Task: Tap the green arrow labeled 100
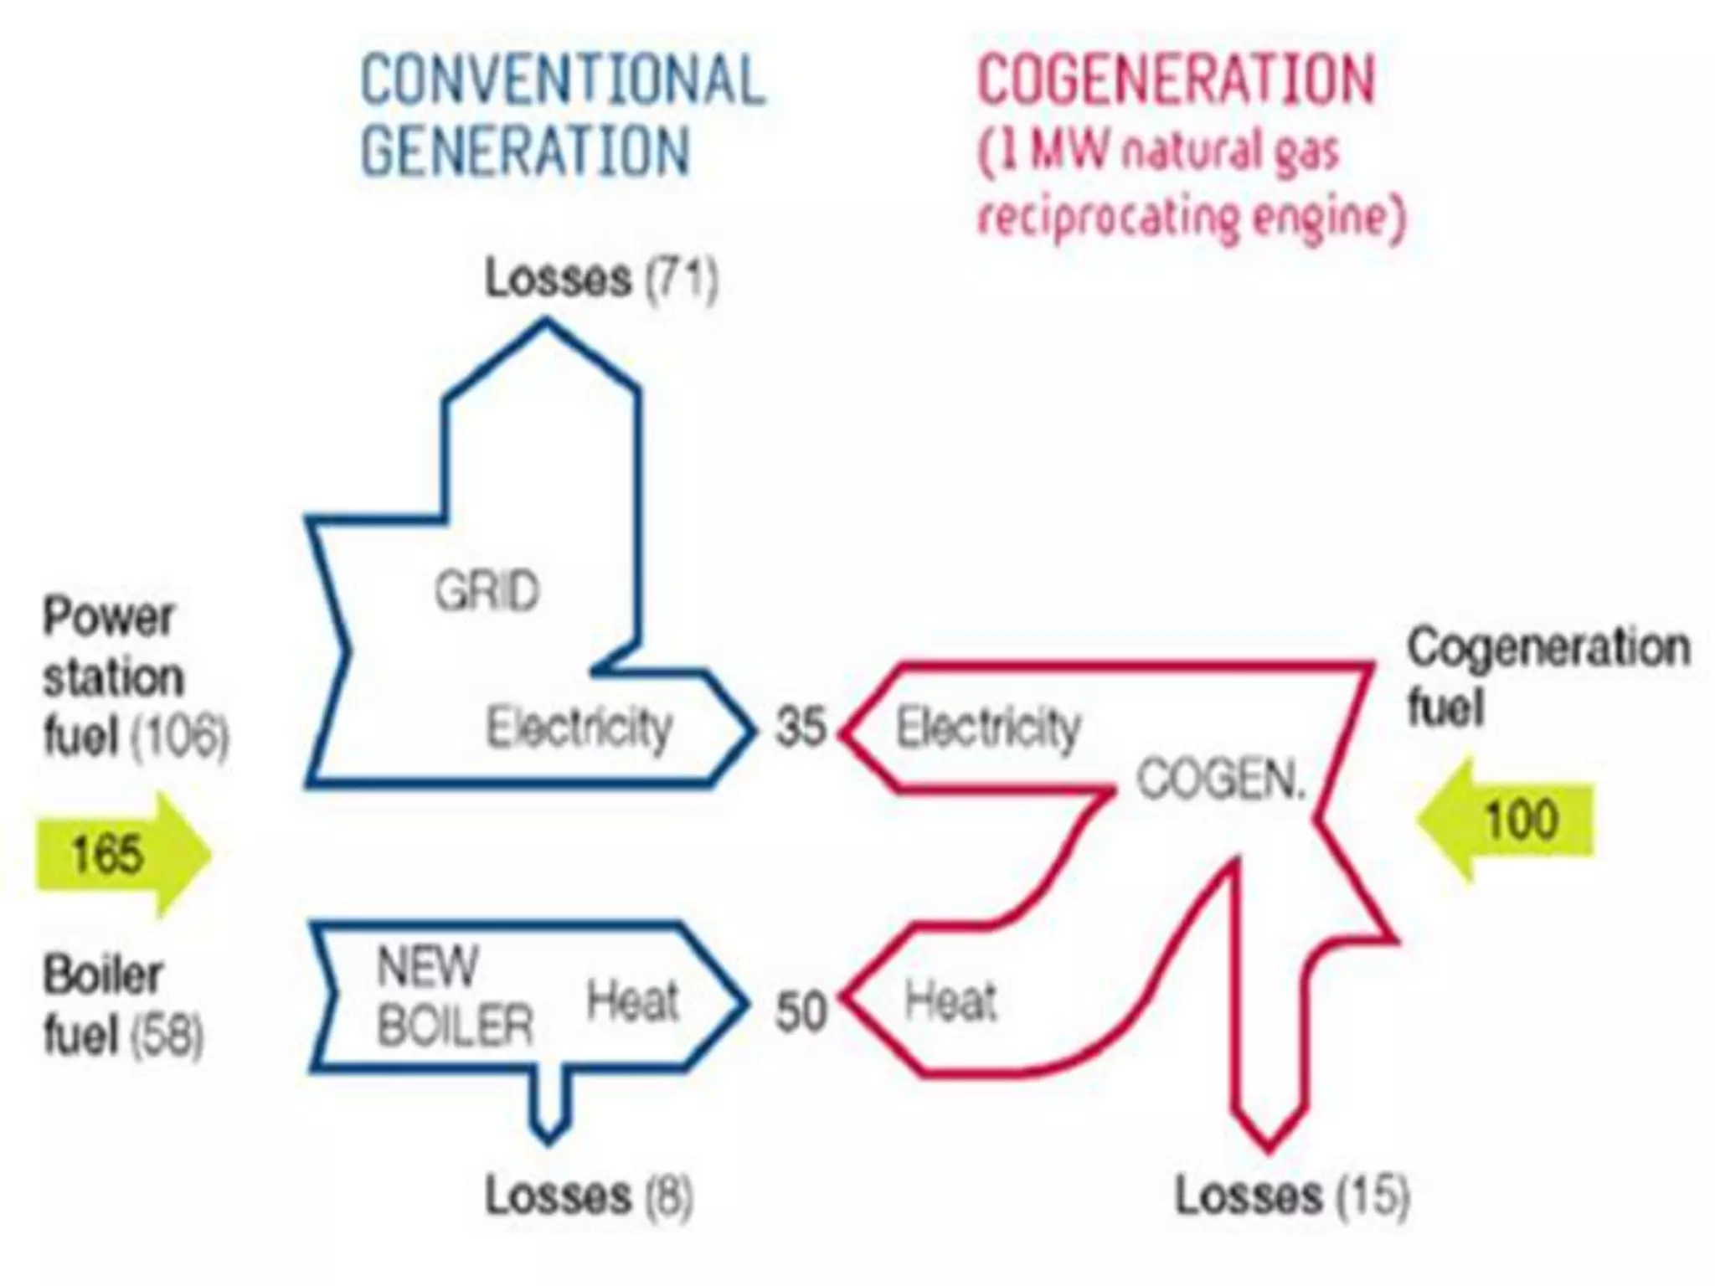1507,820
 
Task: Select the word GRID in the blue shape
487,591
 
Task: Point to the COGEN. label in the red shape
1221,780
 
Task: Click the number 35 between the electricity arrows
801,726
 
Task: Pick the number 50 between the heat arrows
801,1011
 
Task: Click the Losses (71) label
601,278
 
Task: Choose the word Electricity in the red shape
988,727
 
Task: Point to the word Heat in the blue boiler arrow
632,1001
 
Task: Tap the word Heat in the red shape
951,1001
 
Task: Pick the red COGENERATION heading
1177,80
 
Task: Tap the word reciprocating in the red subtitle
1107,218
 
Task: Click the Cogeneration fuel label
1548,676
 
